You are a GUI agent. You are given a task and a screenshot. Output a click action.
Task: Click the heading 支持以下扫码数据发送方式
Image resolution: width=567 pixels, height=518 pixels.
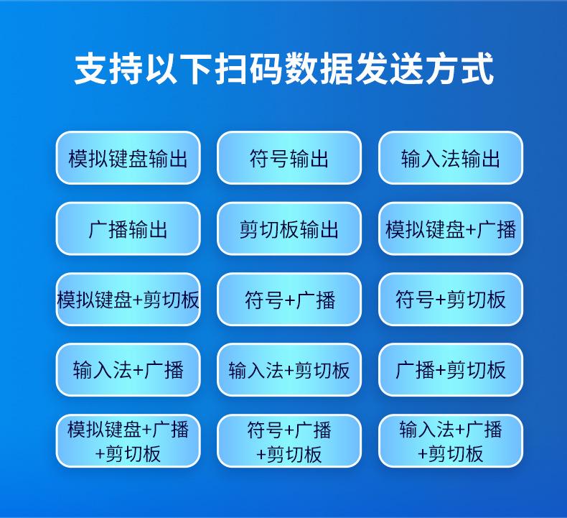point(283,70)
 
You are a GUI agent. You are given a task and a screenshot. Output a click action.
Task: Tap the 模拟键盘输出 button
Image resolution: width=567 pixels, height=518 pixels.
point(128,158)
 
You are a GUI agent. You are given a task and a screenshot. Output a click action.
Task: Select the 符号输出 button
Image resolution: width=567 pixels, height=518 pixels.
point(289,158)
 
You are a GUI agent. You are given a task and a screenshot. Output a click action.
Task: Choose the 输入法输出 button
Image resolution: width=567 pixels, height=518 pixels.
point(451,158)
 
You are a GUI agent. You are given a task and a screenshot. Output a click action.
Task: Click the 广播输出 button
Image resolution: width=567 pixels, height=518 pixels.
point(128,229)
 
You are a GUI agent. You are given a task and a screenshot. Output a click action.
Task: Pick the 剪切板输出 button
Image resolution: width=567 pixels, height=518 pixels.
point(289,229)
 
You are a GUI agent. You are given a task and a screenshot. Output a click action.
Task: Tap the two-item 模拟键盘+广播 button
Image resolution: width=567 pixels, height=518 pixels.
point(451,229)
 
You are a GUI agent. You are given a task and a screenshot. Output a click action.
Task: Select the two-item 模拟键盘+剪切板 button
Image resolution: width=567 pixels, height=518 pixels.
point(128,299)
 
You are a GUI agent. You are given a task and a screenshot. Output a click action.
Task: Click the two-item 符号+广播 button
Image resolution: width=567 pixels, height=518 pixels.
point(289,299)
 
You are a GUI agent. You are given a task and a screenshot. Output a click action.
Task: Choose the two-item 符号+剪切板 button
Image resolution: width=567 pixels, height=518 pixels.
point(451,299)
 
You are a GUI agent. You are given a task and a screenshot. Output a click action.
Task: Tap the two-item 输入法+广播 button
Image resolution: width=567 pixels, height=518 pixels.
point(128,369)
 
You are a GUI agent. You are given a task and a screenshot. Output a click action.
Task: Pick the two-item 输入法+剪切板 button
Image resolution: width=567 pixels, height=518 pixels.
point(289,369)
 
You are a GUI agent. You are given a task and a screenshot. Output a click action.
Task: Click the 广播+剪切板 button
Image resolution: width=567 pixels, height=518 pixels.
point(451,369)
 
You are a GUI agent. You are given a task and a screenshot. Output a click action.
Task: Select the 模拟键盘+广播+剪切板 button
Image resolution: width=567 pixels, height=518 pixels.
point(128,440)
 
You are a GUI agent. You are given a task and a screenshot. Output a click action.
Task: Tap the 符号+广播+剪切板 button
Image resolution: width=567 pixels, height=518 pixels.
point(289,440)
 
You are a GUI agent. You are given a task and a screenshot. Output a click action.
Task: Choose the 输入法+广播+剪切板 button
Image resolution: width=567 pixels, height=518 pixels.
point(451,440)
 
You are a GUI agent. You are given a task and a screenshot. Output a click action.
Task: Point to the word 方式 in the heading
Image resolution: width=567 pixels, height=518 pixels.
point(459,70)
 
